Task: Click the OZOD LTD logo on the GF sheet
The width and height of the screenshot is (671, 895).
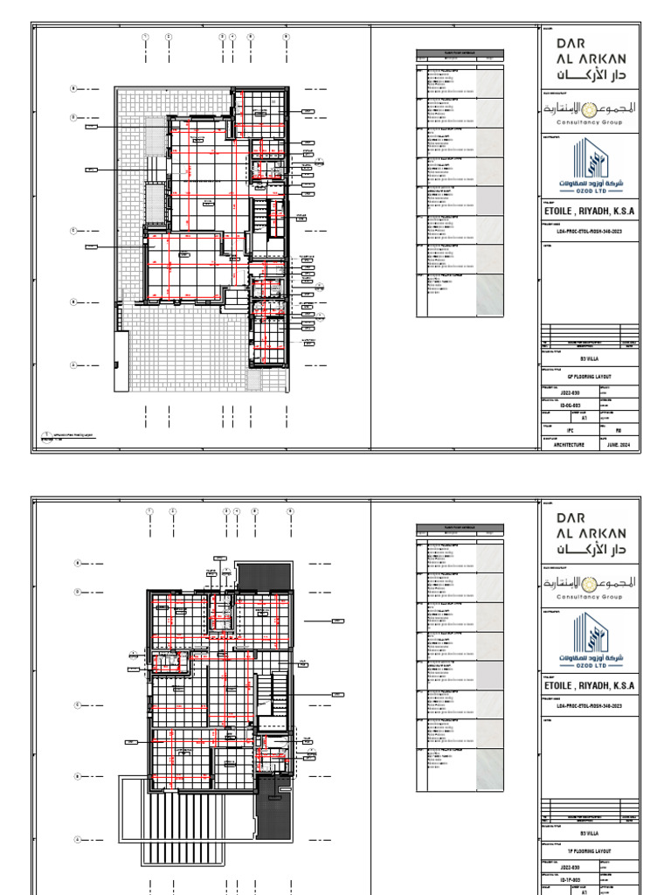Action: (x=591, y=165)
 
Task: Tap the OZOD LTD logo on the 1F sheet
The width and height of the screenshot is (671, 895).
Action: (x=591, y=641)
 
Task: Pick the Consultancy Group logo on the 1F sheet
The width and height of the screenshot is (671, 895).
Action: (x=591, y=585)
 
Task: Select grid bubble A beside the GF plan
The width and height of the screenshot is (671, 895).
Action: (x=74, y=365)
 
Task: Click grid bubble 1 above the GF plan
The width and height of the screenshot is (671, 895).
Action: (x=146, y=37)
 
